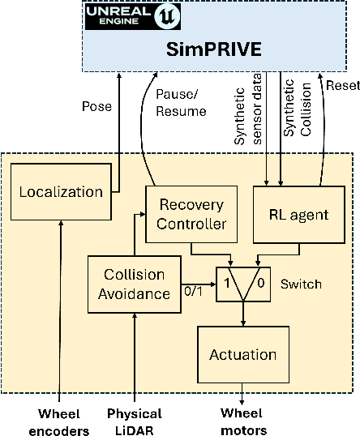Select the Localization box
click(x=62, y=192)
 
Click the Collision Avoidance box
click(x=134, y=285)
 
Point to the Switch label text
click(x=302, y=284)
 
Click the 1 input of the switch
click(x=228, y=284)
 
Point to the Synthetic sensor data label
click(x=246, y=113)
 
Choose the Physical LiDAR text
click(x=135, y=421)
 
